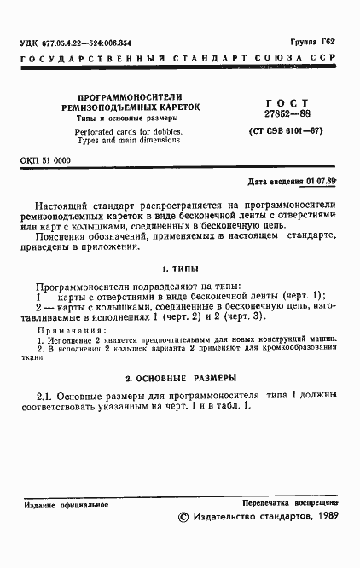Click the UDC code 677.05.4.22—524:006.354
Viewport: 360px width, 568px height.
[76, 43]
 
